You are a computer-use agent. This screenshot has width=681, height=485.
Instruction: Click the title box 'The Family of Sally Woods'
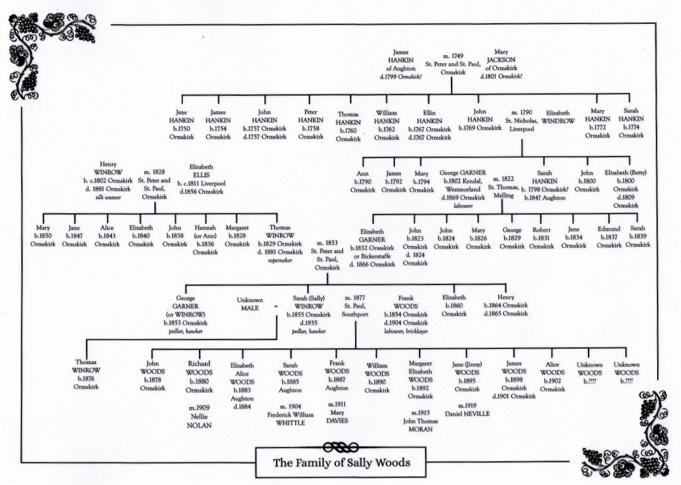[x=341, y=462]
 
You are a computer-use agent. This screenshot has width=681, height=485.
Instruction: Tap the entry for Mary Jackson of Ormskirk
[x=501, y=64]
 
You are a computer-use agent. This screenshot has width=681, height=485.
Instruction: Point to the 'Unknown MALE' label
[x=249, y=304]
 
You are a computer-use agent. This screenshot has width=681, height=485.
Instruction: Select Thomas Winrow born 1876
[x=86, y=374]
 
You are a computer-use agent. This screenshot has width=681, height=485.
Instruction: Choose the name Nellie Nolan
[x=199, y=421]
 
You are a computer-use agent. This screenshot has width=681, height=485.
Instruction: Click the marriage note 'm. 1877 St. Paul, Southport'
[x=355, y=306]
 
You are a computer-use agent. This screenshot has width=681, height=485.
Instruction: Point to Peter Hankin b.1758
[x=311, y=124]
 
